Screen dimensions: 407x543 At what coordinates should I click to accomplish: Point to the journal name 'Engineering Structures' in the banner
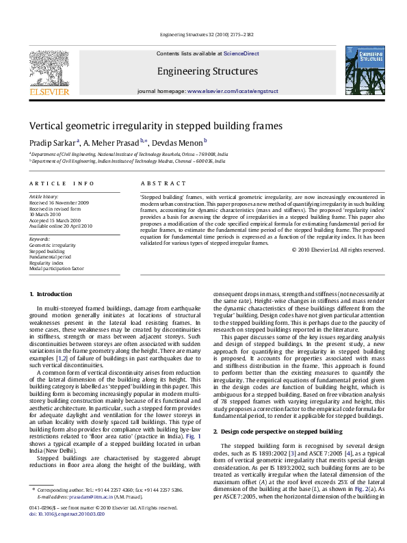(x=207, y=71)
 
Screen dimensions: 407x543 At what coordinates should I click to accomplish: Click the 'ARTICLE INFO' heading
(x=62, y=184)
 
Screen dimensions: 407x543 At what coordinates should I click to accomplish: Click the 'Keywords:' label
(x=40, y=239)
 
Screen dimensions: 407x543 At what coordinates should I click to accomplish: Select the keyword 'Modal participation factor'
(x=57, y=269)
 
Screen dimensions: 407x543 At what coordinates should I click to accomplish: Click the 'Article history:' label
(x=44, y=197)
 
